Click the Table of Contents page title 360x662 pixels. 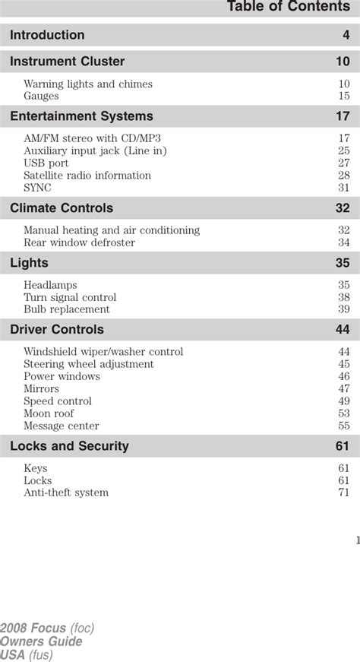point(288,8)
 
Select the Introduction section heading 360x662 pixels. point(47,35)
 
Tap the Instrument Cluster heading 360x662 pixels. point(67,62)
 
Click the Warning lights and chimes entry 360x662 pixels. point(87,84)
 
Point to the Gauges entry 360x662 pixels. point(41,97)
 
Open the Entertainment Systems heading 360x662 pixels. point(81,116)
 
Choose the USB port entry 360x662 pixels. point(46,163)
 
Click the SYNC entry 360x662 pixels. point(37,188)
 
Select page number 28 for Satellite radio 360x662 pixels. point(343,176)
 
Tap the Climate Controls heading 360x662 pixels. point(62,208)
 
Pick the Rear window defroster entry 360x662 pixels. point(79,242)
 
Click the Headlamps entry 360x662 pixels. point(50,286)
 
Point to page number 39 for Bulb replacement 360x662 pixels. point(343,310)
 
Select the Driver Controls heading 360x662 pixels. point(57,330)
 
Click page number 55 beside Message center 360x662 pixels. point(343,426)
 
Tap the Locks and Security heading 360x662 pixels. point(69,446)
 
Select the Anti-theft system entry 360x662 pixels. point(66,493)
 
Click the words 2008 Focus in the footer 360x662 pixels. point(33,629)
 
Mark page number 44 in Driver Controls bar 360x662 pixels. point(343,330)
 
